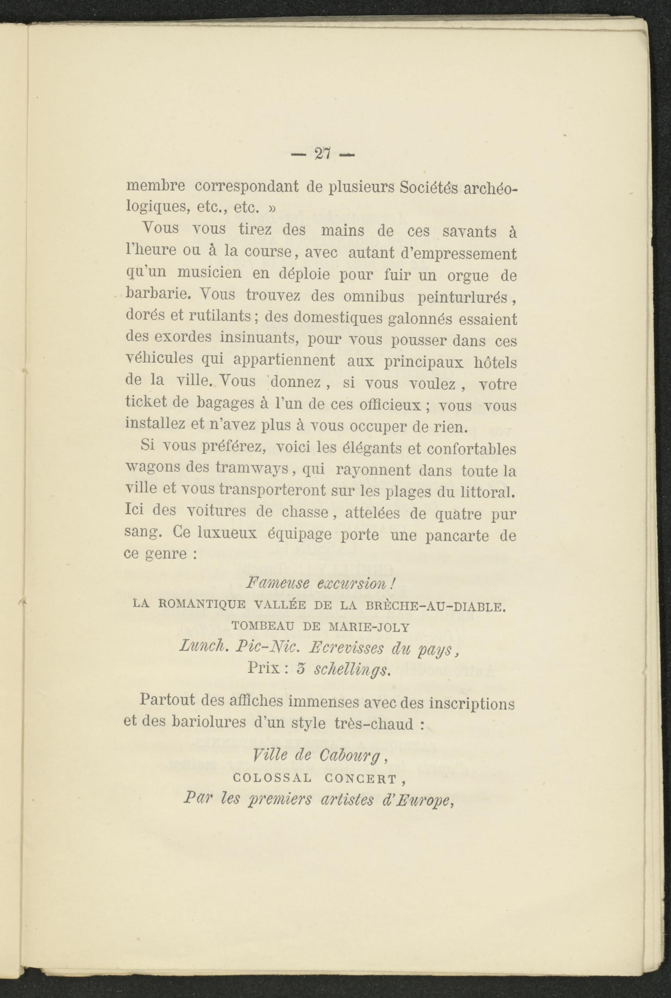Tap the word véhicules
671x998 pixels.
(160, 359)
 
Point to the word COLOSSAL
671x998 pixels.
(272, 778)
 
